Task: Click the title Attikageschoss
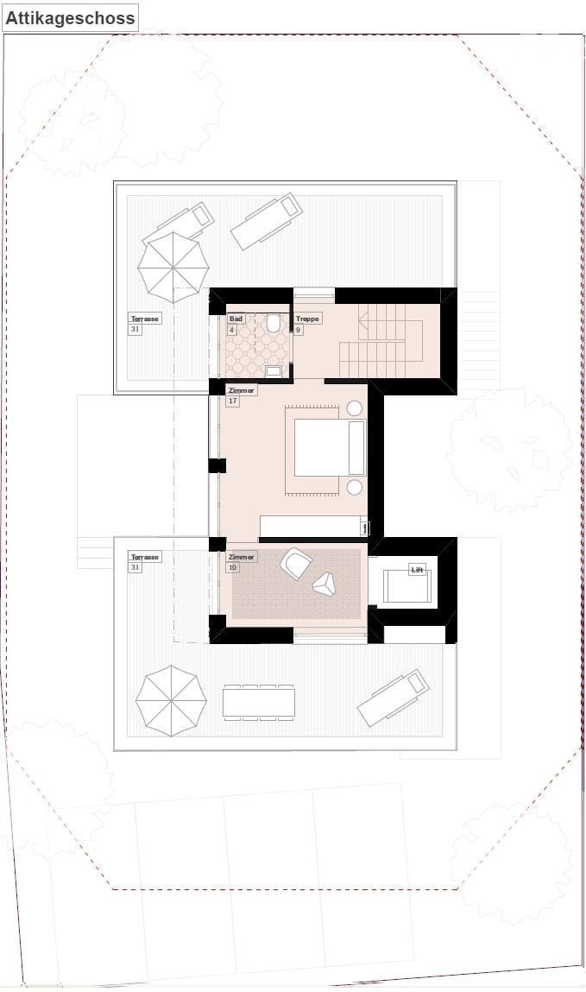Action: (x=71, y=17)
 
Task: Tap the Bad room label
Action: (x=236, y=319)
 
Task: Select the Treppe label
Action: (x=307, y=319)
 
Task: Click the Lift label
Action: (x=418, y=570)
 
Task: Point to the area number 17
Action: (x=233, y=401)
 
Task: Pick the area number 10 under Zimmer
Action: (x=233, y=567)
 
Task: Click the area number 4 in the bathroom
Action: (x=231, y=329)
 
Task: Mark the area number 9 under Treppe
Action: (x=299, y=329)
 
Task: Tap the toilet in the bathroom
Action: (x=274, y=324)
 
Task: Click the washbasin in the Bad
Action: (x=274, y=371)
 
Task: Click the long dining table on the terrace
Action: (x=258, y=702)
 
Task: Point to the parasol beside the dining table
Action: (x=171, y=700)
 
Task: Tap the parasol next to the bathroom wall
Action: (x=173, y=267)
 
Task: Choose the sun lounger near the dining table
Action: (x=394, y=698)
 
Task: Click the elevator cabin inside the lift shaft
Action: (x=406, y=586)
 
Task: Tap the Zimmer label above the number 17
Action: (x=242, y=390)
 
